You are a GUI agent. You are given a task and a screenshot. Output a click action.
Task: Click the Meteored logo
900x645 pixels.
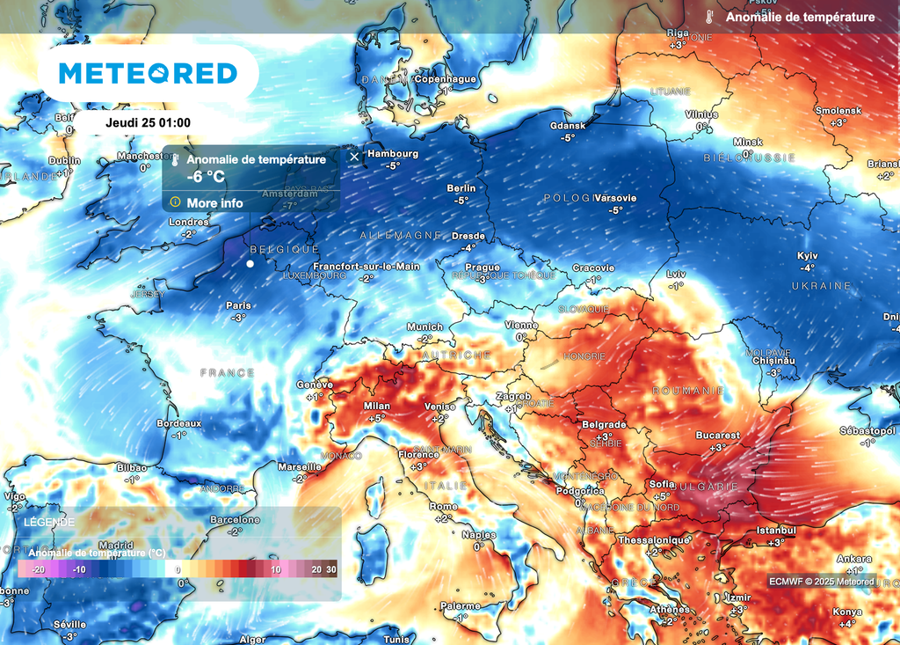point(148,73)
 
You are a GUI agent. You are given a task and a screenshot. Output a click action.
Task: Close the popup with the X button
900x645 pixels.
point(354,157)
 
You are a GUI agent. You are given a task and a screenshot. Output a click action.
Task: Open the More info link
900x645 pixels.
point(214,203)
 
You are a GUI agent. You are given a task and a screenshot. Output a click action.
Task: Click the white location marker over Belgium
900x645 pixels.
point(250,263)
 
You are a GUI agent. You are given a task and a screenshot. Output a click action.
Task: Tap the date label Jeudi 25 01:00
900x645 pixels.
point(148,123)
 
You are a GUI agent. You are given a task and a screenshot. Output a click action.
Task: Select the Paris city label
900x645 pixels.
point(238,305)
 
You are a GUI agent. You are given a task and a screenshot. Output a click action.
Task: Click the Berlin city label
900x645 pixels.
point(461,188)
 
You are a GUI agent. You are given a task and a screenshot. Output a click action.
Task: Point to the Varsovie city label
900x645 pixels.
point(615,198)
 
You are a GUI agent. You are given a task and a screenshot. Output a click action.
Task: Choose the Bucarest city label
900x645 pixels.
point(717,436)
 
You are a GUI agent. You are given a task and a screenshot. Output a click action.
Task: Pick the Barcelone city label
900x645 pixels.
point(235,520)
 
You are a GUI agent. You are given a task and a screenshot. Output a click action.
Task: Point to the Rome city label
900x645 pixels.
point(443,507)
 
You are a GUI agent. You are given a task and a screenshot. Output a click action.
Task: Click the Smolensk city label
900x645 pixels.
point(838,111)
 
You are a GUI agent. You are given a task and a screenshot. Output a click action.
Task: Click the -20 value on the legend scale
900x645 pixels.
point(38,570)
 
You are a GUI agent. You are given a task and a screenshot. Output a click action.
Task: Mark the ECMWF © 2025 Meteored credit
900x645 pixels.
point(822,582)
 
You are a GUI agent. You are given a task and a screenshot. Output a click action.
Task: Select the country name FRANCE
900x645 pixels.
point(227,373)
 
